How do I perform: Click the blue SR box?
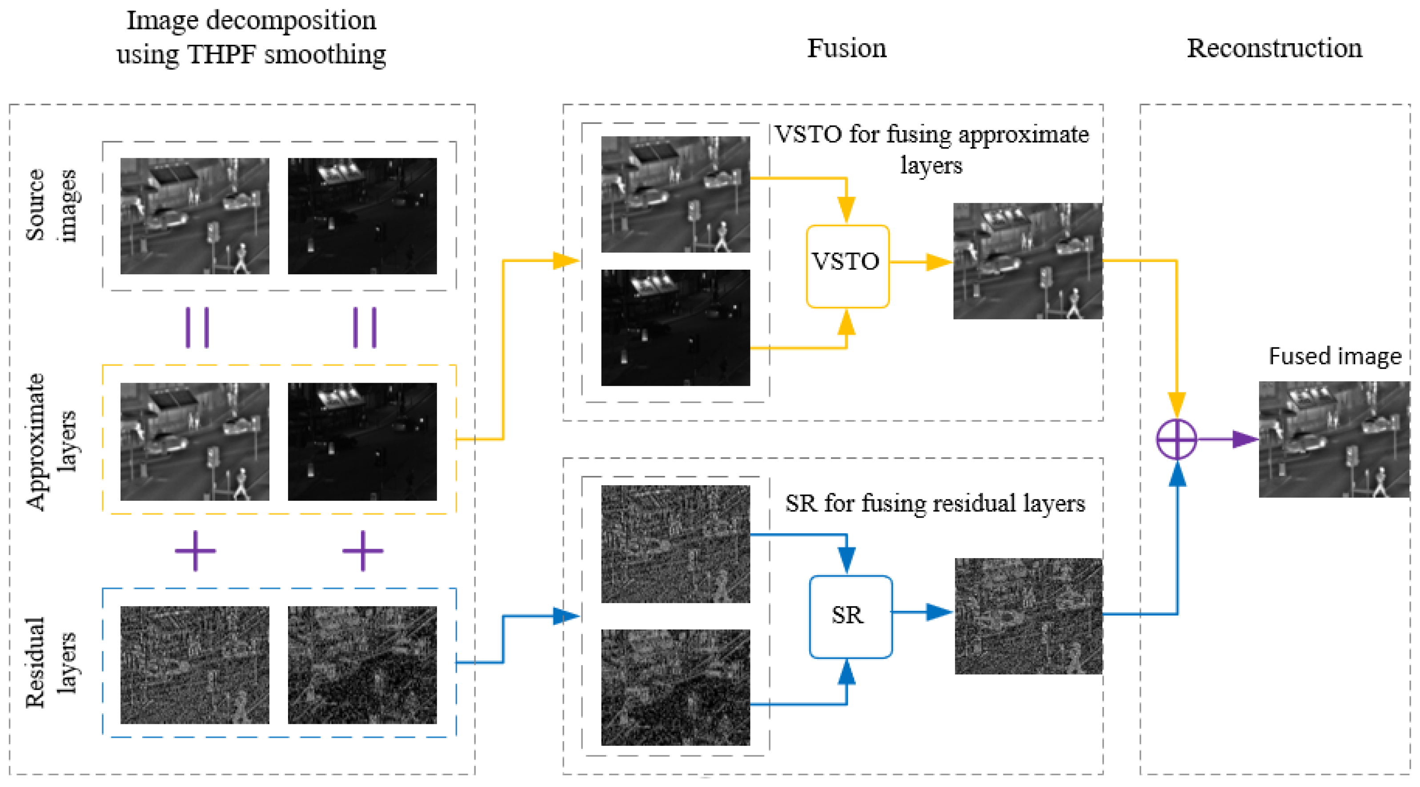point(850,616)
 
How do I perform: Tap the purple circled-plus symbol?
point(1176,439)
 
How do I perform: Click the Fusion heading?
point(846,48)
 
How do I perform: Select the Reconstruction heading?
point(1274,48)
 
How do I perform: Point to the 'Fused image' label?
point(1335,356)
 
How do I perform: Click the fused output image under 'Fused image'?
point(1334,439)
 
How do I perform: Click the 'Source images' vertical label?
point(51,205)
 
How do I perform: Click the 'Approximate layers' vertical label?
point(50,441)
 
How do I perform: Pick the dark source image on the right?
point(362,216)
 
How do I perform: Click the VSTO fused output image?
point(1027,261)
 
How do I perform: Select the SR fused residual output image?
point(1028,616)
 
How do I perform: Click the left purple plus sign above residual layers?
point(195,551)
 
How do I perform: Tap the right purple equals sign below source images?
point(365,328)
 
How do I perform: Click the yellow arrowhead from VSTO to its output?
point(937,262)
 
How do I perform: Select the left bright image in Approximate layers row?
point(195,441)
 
